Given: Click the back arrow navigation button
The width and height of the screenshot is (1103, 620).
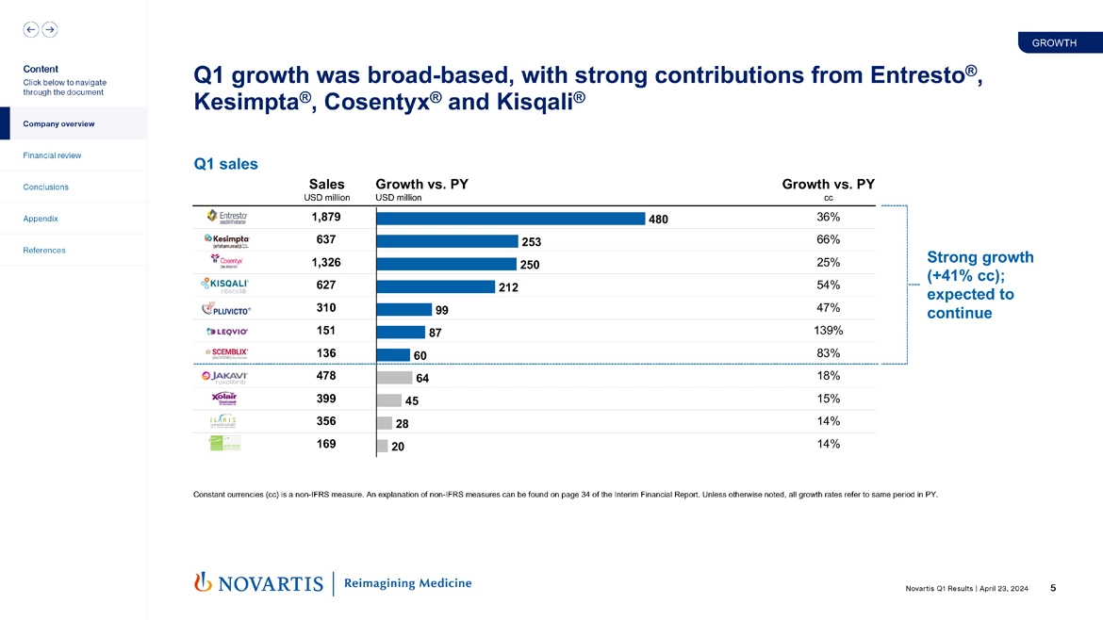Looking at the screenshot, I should click(31, 29).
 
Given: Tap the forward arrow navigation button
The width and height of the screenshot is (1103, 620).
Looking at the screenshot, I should click(50, 29).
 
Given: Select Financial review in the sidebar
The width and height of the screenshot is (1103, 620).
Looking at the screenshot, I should click(52, 155).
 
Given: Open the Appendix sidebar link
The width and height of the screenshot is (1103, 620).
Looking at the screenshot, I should click(41, 219).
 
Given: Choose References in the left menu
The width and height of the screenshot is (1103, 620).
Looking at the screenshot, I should click(44, 251).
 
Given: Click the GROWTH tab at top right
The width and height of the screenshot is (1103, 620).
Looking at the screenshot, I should click(1054, 43).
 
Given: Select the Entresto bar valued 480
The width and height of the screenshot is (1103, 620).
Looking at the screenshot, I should click(510, 218).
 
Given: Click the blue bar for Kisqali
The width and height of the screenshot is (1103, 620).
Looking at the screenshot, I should click(436, 286).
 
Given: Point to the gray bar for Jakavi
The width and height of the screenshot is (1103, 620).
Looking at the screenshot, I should click(394, 377).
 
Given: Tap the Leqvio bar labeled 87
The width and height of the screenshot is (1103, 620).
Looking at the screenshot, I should click(401, 332).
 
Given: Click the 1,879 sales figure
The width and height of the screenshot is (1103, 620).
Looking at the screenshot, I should click(325, 218).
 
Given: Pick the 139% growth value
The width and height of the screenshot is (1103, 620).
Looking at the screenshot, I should click(828, 331).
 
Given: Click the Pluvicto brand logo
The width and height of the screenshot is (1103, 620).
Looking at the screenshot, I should click(226, 309).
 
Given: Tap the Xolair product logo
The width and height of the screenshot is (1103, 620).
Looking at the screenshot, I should click(226, 400).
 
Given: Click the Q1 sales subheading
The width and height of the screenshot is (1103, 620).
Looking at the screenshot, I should click(225, 164).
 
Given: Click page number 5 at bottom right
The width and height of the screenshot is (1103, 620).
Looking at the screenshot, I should click(1052, 589).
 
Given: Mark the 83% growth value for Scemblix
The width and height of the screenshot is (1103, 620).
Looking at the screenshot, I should click(828, 353).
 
